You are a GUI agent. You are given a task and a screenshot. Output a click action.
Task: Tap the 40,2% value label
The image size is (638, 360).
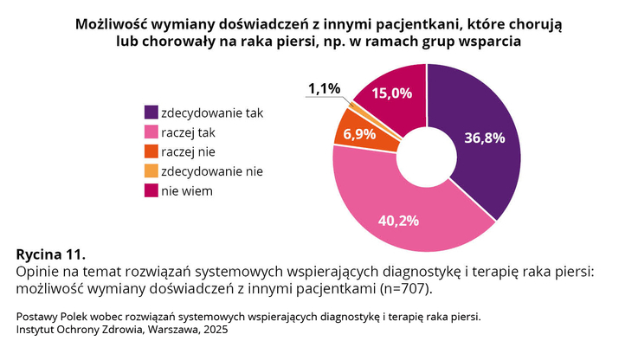coord(398,220)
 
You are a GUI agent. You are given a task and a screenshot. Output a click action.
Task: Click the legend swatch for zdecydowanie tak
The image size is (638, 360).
coord(151,112)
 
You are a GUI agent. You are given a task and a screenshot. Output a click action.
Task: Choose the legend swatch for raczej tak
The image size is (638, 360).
coord(151,132)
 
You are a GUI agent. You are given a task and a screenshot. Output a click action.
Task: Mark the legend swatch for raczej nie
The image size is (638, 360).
coord(151,152)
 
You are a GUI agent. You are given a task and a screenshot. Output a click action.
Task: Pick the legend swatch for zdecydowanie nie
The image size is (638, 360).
coord(151,171)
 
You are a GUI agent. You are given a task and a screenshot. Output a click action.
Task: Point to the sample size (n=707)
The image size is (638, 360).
coord(406,288)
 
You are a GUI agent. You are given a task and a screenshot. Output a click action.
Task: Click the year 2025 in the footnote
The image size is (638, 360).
coord(214,330)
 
